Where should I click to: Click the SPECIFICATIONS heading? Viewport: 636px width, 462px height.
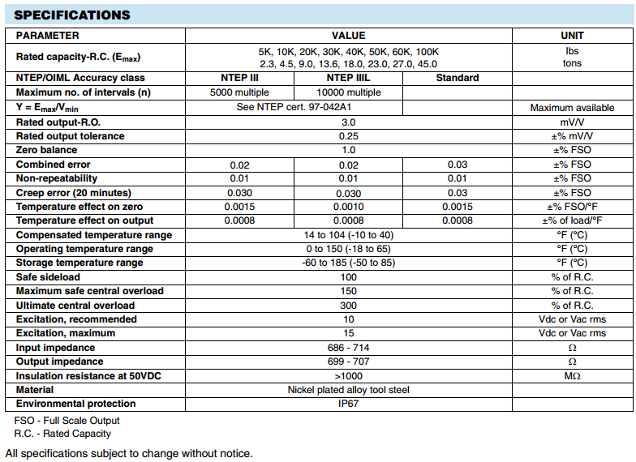point(72,15)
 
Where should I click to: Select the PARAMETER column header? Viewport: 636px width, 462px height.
point(48,36)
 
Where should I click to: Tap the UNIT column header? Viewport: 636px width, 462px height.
point(572,36)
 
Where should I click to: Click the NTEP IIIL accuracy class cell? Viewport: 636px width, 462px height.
point(348,78)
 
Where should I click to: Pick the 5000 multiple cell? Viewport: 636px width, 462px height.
point(239,92)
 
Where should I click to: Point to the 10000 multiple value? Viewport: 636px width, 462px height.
point(348,92)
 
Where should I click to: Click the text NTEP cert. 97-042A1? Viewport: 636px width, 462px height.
point(349,107)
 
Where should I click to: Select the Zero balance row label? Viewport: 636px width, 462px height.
point(47,150)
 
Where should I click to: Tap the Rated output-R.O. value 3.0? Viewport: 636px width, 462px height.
point(349,122)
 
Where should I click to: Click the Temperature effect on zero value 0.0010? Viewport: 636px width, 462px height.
point(348,207)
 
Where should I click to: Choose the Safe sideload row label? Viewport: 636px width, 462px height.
point(49,277)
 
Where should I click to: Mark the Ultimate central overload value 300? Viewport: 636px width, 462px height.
point(349,306)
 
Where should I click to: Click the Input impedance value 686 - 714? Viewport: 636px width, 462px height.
point(349,348)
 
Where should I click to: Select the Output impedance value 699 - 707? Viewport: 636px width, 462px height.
point(349,361)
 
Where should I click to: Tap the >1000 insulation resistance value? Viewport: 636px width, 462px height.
point(349,376)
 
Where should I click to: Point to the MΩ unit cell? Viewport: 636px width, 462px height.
point(572,376)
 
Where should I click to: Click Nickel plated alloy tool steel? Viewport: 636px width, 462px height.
point(349,390)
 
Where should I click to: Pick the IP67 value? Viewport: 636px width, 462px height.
point(349,404)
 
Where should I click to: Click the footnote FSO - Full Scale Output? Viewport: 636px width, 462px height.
point(67,421)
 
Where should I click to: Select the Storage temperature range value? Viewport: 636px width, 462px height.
point(349,263)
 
